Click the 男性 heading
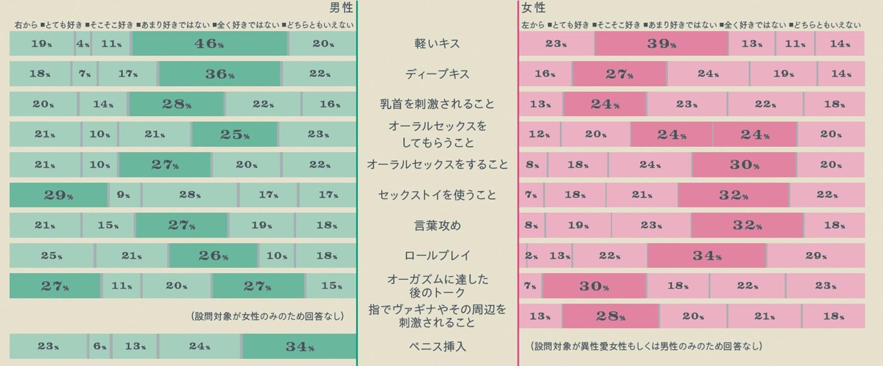tap(341, 7)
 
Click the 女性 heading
tap(533, 7)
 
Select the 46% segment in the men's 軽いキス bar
tap(209, 44)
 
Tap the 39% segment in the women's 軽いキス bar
tap(661, 44)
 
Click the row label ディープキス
tap(437, 74)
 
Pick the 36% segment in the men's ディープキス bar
tap(219, 74)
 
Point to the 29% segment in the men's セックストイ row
tap(58, 195)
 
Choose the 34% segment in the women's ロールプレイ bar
tap(706, 256)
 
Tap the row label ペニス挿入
tap(437, 346)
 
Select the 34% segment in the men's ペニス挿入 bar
tap(299, 346)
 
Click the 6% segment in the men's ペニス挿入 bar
tap(100, 346)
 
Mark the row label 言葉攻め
tap(437, 225)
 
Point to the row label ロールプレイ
tap(437, 256)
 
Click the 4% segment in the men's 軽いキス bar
tap(83, 44)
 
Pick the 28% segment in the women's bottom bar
tap(610, 316)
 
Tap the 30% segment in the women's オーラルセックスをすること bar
tap(744, 165)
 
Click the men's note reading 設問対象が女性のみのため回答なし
tap(267, 316)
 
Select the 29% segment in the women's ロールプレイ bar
tap(815, 256)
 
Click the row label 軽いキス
tap(437, 44)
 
